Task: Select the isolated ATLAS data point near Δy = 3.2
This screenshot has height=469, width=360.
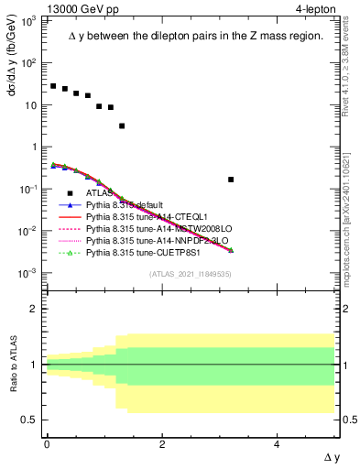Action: click(x=231, y=180)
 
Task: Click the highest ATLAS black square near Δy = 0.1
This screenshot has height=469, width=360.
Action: click(x=53, y=86)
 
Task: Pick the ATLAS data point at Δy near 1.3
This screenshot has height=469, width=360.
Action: click(x=122, y=125)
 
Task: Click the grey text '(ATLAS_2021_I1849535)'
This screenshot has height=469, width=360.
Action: click(x=190, y=274)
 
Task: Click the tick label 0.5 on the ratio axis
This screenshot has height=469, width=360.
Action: click(x=29, y=420)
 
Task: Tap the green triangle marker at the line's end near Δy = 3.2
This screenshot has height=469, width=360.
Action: click(x=231, y=249)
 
